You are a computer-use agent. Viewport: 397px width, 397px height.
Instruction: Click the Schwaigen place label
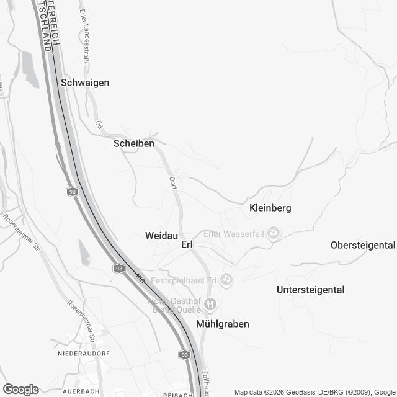[x=86, y=82]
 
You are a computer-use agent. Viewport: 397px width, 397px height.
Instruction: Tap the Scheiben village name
[x=134, y=143]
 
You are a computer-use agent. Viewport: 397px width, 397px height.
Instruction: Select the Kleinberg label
[x=270, y=208]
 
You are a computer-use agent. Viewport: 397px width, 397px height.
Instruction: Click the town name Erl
[x=187, y=245]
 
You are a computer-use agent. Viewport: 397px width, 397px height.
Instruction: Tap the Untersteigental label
[x=310, y=290]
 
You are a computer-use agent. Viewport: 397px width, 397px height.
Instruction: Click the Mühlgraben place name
[x=222, y=324]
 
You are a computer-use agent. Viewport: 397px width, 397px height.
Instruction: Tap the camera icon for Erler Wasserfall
[x=274, y=233]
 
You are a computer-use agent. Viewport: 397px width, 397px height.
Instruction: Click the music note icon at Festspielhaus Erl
[x=228, y=280]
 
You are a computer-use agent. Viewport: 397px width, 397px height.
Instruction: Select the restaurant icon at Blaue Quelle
[x=211, y=304]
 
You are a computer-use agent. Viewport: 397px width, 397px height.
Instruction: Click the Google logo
[x=20, y=390]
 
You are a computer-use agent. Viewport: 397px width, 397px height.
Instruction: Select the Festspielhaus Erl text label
[x=185, y=280]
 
